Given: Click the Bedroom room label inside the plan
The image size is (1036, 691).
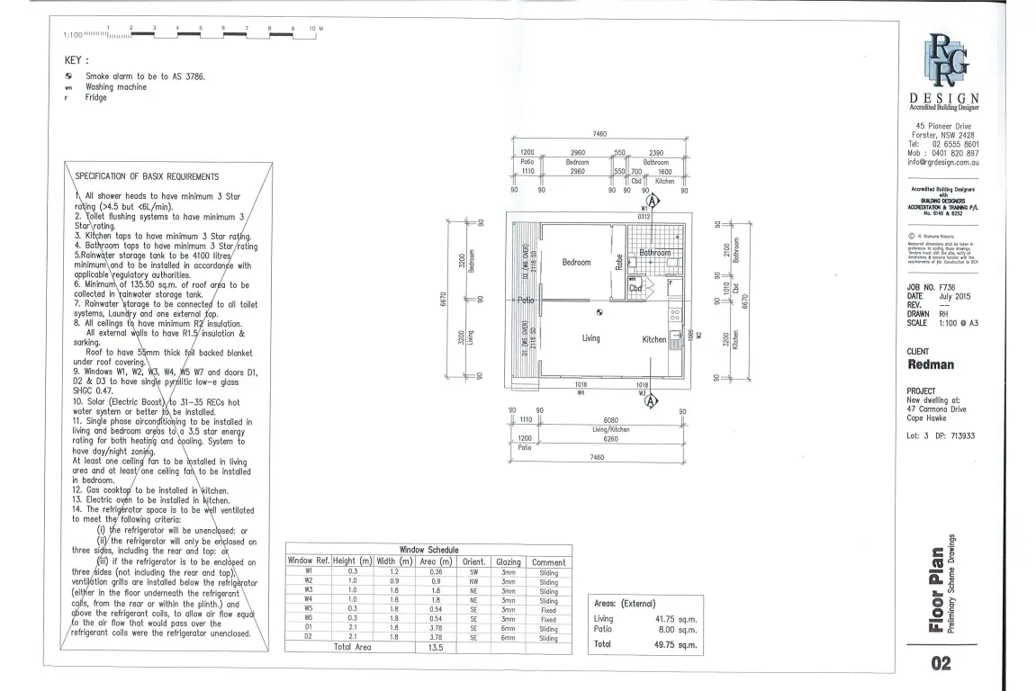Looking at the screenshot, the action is point(576,263).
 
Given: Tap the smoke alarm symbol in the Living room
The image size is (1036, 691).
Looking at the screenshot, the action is point(599,313).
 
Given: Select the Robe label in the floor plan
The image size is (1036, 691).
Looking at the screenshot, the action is point(618,261).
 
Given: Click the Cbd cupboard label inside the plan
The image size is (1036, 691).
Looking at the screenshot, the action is point(635,288).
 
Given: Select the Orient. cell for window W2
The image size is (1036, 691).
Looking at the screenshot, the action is point(473,582).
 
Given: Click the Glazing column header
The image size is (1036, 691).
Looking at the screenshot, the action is point(509,561).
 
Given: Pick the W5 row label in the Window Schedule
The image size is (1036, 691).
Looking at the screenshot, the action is point(308,608).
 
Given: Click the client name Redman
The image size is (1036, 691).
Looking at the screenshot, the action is point(931,364).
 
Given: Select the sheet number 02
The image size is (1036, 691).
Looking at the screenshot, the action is point(941,665).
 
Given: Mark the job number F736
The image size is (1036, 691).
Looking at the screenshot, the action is point(949,288).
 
